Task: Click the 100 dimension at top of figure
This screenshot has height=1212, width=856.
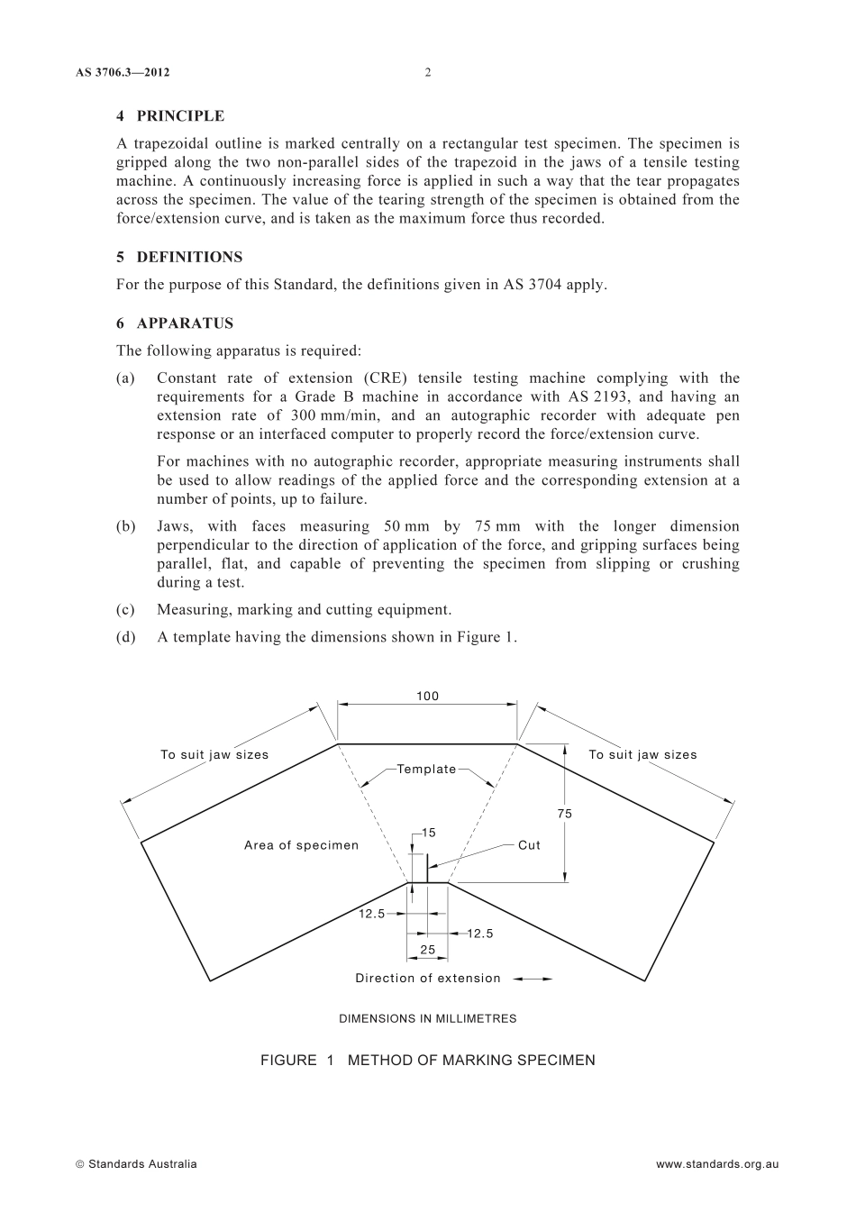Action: pyautogui.click(x=427, y=696)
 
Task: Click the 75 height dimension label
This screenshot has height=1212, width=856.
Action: pyautogui.click(x=565, y=814)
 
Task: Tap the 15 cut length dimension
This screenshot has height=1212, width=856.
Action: pyautogui.click(x=429, y=832)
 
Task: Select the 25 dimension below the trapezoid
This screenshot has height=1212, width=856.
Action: pyautogui.click(x=428, y=950)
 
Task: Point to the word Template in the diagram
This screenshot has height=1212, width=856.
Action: pyautogui.click(x=427, y=769)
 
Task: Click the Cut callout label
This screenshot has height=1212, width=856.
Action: pyautogui.click(x=529, y=845)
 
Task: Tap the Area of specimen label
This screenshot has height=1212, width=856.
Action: pyautogui.click(x=301, y=845)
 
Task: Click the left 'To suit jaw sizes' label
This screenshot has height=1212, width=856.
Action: pyautogui.click(x=214, y=755)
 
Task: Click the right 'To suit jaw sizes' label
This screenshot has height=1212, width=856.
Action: pyautogui.click(x=642, y=755)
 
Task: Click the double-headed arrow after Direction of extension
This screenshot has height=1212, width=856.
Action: pyautogui.click(x=534, y=979)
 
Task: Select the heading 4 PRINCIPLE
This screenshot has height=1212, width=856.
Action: pyautogui.click(x=170, y=116)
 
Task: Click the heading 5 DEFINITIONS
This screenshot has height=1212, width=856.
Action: pyautogui.click(x=179, y=257)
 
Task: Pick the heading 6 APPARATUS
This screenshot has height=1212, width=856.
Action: pyautogui.click(x=175, y=324)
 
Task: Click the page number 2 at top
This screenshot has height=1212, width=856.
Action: pyautogui.click(x=428, y=73)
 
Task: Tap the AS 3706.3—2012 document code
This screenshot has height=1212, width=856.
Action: pyautogui.click(x=123, y=73)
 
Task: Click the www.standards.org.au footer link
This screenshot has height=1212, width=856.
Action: pyautogui.click(x=717, y=1164)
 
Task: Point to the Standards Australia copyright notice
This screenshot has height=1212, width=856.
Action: pyautogui.click(x=136, y=1164)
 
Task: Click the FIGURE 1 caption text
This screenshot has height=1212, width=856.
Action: pyautogui.click(x=428, y=1061)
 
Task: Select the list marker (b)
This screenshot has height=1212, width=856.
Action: pyautogui.click(x=126, y=526)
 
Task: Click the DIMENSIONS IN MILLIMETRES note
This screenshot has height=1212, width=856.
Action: pyautogui.click(x=428, y=1019)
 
